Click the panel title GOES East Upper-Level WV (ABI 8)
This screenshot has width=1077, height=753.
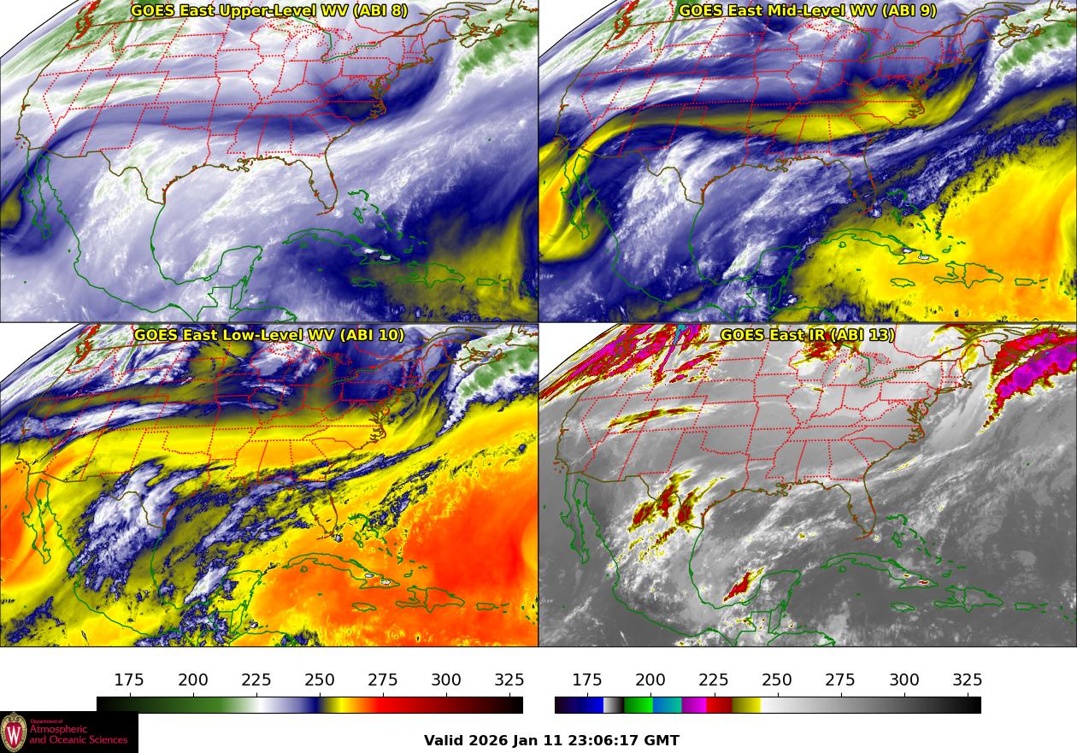[269, 11]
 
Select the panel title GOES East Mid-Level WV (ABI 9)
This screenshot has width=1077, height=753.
[807, 11]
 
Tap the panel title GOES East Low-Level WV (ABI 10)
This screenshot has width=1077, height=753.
[269, 335]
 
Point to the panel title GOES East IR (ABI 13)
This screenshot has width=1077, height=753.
[807, 335]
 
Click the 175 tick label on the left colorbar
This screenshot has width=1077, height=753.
[129, 680]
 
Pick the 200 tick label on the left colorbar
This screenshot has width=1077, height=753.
[193, 680]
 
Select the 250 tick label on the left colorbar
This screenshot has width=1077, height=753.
[320, 680]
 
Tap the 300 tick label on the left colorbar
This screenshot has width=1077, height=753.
[446, 680]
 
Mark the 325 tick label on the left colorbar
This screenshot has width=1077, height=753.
[509, 680]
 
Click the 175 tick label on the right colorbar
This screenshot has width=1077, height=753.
[587, 680]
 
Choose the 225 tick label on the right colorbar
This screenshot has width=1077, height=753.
[714, 680]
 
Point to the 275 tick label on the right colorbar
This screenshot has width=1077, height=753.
[840, 680]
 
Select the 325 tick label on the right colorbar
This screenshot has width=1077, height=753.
[967, 680]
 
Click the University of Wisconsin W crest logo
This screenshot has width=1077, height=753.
[14, 732]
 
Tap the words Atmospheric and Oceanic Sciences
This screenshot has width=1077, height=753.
[79, 734]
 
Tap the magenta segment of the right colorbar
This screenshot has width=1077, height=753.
[694, 705]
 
